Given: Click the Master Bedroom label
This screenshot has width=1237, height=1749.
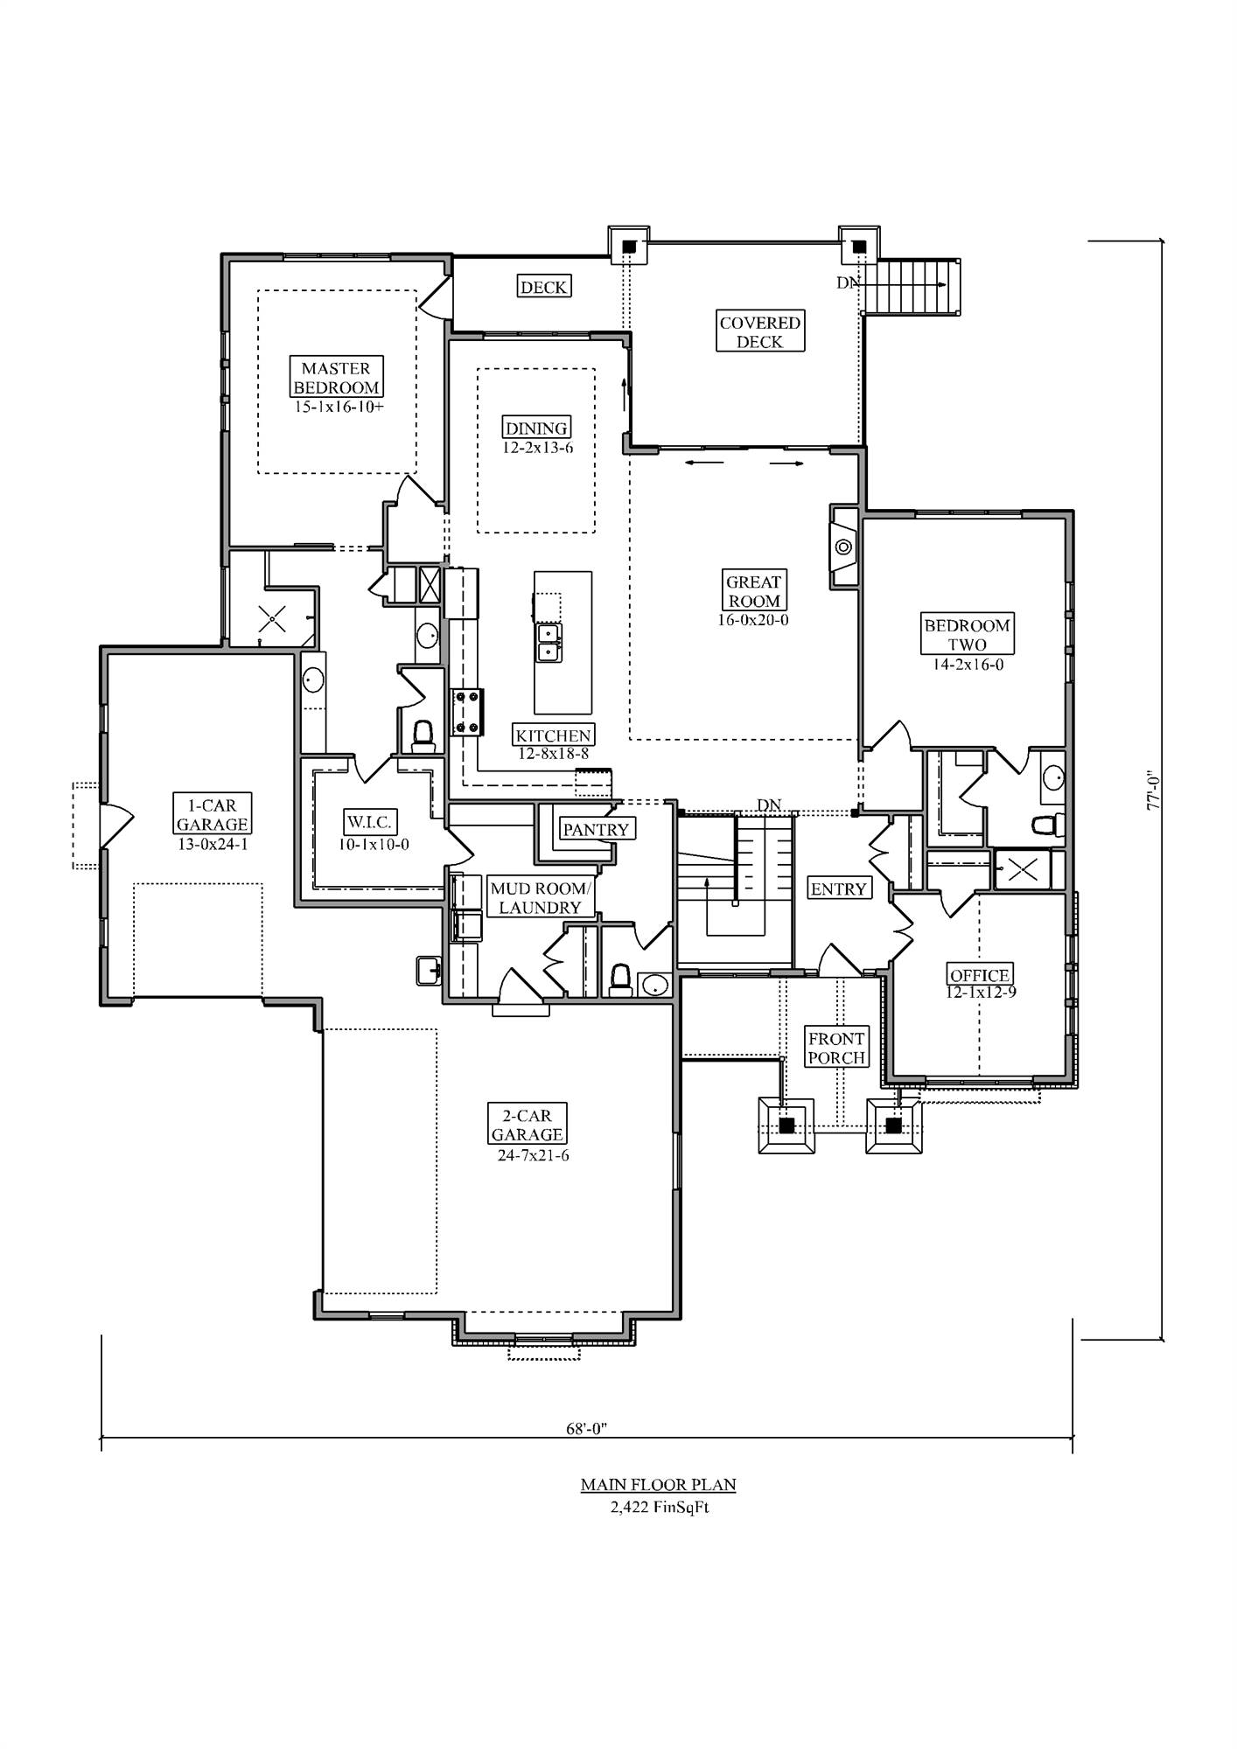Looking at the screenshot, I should tap(337, 378).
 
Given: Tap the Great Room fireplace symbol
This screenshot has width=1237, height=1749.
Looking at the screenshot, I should tap(843, 547).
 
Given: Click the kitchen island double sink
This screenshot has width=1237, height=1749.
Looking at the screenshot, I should tap(549, 643).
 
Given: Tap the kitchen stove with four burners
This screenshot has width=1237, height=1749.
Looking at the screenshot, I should tap(467, 710).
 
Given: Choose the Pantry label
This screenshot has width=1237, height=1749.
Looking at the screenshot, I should tap(596, 829).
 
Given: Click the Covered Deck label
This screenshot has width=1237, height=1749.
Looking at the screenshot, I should tap(759, 332).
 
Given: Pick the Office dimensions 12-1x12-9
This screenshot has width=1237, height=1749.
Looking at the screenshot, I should tap(981, 993).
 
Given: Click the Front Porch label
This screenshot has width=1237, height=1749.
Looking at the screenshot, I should tap(836, 1048).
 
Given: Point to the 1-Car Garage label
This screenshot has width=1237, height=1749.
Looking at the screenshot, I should tap(213, 814).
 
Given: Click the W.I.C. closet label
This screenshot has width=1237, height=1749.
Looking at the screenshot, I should tap(370, 822).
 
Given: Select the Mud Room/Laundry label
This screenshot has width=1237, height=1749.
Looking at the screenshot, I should tap(541, 898).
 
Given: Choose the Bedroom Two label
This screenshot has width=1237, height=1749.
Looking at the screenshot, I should tap(967, 635).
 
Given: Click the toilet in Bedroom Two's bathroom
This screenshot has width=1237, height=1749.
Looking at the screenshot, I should tap(1046, 825).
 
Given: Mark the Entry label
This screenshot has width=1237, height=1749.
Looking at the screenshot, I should tap(838, 889).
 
